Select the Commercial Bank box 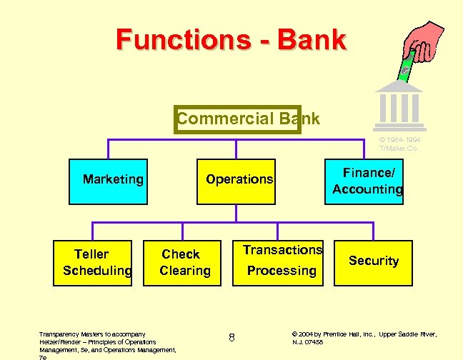238,119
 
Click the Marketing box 112,180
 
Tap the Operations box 239,180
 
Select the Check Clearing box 184,261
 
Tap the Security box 373,261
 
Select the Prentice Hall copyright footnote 364,338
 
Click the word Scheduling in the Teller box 97,271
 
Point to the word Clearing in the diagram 185,271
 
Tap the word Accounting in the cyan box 367,189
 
